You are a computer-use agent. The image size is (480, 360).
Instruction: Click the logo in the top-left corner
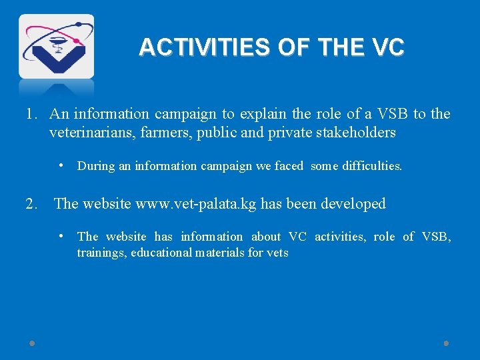click(x=56, y=47)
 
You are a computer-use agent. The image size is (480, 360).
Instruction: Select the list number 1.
click(x=31, y=114)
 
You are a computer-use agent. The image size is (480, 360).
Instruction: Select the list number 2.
click(x=31, y=204)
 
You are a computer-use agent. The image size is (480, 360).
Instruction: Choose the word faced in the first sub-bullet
click(x=289, y=167)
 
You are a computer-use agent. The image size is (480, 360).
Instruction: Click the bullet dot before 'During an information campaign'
click(x=61, y=165)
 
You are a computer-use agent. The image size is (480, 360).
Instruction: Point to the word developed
click(x=353, y=204)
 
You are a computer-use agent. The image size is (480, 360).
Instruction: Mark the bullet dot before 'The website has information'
click(x=61, y=235)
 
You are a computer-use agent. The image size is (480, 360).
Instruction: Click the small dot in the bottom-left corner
click(x=32, y=343)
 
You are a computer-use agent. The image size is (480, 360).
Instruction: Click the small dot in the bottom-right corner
click(x=446, y=343)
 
